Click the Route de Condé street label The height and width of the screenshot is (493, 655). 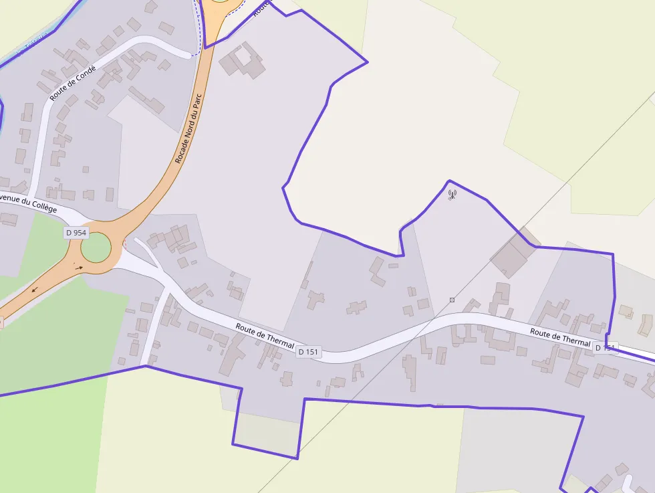click(x=73, y=84)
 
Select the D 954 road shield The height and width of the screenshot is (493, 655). click(x=76, y=233)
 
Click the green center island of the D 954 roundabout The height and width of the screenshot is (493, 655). click(x=96, y=248)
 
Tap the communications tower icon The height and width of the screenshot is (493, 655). click(x=452, y=195)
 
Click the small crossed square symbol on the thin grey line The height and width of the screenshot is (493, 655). click(x=452, y=300)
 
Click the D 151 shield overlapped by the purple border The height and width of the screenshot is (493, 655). click(x=606, y=348)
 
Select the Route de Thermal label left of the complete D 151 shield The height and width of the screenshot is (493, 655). click(x=265, y=334)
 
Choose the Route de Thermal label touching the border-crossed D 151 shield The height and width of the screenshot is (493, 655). click(x=560, y=336)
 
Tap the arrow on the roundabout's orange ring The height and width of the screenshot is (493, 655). click(x=79, y=268)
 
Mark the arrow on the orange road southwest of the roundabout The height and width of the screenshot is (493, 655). click(x=33, y=290)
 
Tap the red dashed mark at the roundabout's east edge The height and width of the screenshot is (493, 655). click(x=124, y=243)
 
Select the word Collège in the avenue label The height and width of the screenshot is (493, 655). click(x=41, y=207)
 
